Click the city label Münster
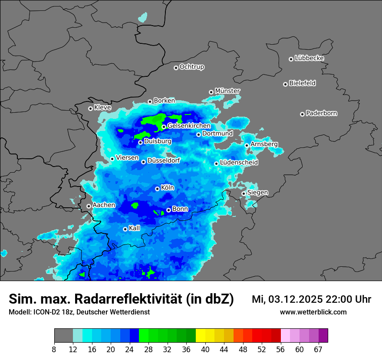click(227, 91)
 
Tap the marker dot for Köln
click(157, 189)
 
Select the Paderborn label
click(321, 113)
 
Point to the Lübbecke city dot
click(291, 59)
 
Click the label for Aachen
click(104, 205)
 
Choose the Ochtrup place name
click(191, 67)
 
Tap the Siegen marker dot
click(244, 193)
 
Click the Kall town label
click(134, 228)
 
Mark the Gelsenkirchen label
click(189, 126)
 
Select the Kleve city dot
click(90, 108)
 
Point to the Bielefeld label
click(302, 83)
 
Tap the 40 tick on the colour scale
click(205, 349)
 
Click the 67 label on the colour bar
click(318, 349)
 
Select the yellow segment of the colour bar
click(201, 336)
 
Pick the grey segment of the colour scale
click(63, 336)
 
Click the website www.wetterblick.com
click(313, 312)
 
